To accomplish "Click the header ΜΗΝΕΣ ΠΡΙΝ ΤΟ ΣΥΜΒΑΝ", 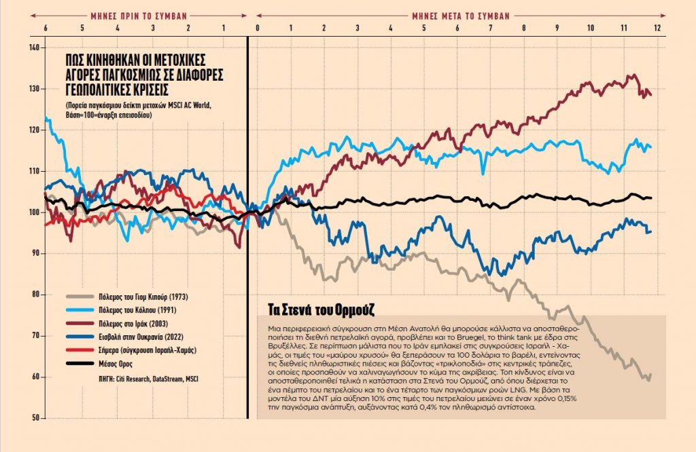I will tap(139, 14).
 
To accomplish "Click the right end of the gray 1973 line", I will tap(651, 375).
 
